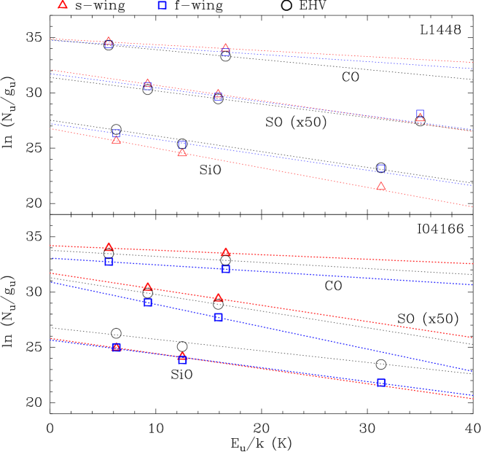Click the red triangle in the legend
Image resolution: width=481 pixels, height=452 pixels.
[63, 4]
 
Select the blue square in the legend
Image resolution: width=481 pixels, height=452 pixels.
[162, 5]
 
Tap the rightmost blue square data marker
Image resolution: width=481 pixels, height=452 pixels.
[420, 113]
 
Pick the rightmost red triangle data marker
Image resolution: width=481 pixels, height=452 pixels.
[420, 118]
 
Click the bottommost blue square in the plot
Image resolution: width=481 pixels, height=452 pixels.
[381, 382]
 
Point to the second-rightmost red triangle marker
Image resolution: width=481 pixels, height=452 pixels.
[381, 187]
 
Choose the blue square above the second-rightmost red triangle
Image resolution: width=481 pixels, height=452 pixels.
[380, 168]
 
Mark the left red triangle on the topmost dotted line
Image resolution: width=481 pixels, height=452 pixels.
[109, 41]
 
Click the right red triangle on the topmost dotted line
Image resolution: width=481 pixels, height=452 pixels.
[225, 48]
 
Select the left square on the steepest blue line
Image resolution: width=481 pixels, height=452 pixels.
[148, 303]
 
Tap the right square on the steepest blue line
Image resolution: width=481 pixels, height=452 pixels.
[218, 317]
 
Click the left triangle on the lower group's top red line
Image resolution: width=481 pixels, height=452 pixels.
[109, 246]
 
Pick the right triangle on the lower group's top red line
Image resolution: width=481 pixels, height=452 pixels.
[225, 252]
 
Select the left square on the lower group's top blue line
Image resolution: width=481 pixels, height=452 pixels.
[109, 261]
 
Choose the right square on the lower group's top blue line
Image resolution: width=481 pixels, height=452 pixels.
[225, 269]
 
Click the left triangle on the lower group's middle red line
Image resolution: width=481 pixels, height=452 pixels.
[148, 287]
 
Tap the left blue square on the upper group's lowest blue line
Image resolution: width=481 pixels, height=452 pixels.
[116, 133]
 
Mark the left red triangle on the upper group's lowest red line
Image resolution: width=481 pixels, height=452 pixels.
[116, 140]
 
